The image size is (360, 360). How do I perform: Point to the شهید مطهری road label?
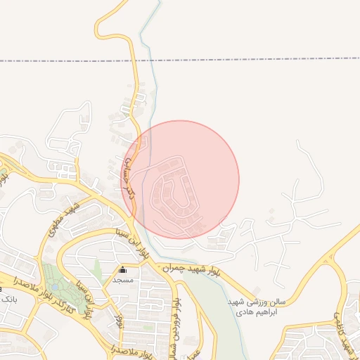pos(63,219)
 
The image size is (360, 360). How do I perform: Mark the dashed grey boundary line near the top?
pos(211,61)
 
